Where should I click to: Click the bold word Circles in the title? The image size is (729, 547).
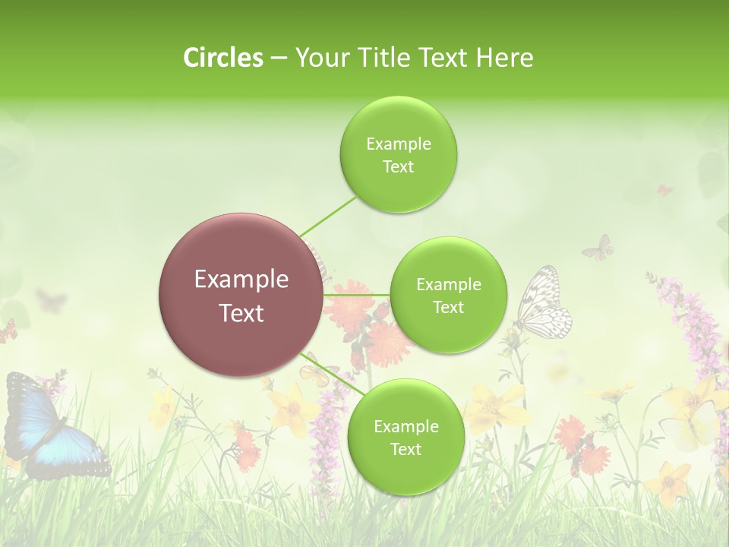pos(222,57)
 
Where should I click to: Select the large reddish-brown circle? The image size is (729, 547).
pos(241,295)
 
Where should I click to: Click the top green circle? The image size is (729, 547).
pos(398,155)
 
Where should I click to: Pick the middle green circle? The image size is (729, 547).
pos(448,295)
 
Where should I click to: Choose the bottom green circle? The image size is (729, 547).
pos(406,437)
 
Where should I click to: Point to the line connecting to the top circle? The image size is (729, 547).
pos(328,217)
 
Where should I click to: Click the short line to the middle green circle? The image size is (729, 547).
pos(356,294)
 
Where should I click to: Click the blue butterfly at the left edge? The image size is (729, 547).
pos(46,425)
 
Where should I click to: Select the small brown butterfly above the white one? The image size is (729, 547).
pos(598,247)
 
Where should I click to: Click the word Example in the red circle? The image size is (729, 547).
pos(241,280)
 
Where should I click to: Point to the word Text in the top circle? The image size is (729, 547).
pos(398,167)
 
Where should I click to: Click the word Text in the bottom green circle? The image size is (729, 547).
pos(406,449)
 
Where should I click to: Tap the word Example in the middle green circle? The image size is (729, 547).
pos(448,284)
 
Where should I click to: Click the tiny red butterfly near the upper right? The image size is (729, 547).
pos(664,190)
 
